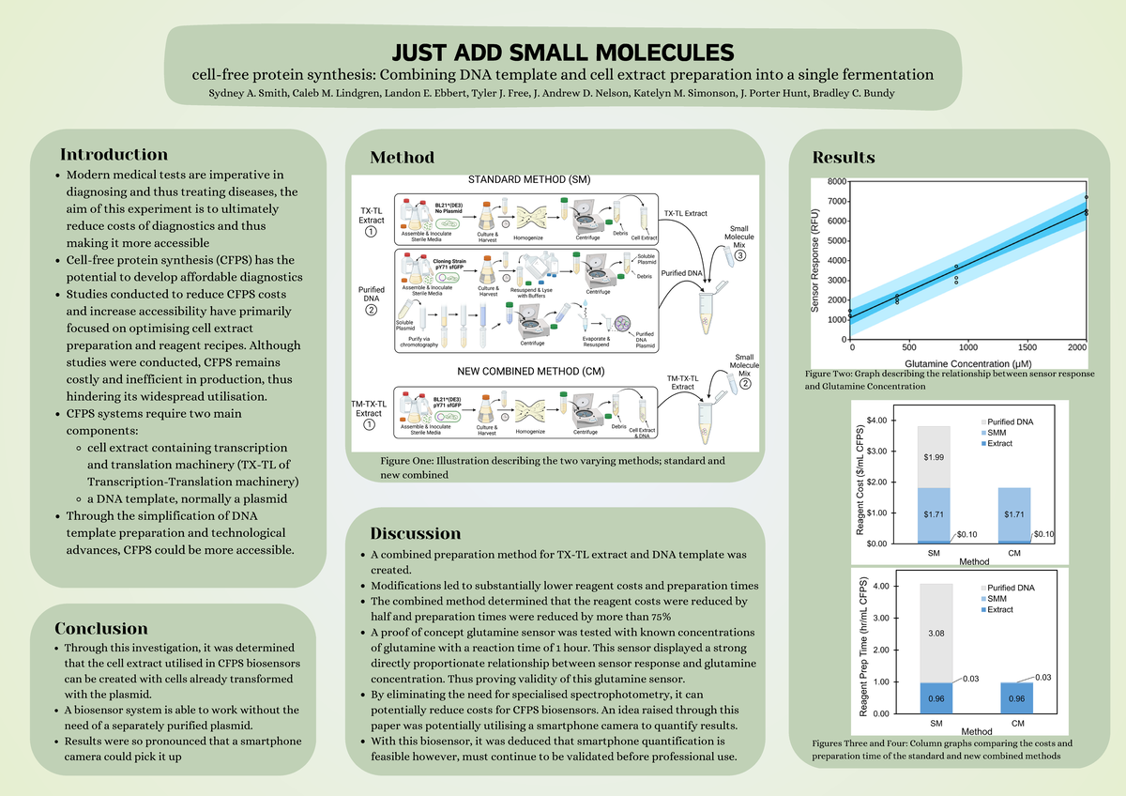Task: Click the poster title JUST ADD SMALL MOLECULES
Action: tap(562, 51)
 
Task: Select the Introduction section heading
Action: tap(114, 155)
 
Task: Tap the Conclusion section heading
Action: tap(101, 628)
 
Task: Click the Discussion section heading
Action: tap(415, 534)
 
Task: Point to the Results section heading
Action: tap(844, 157)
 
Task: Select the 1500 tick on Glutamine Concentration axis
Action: tap(1027, 347)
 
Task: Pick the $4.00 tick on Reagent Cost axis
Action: tap(881, 421)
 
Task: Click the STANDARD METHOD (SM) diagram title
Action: tap(529, 180)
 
